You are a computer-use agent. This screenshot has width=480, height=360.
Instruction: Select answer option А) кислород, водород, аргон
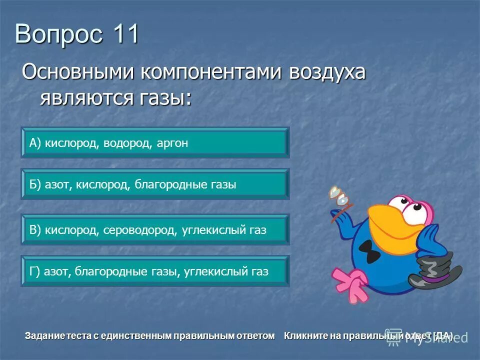(x=154, y=143)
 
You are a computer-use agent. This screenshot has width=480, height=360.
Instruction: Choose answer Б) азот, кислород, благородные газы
(x=154, y=184)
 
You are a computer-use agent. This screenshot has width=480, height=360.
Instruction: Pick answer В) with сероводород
(x=154, y=230)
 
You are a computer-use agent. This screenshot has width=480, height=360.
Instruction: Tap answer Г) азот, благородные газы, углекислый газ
(x=154, y=271)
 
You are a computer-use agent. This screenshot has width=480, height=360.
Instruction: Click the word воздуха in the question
(x=327, y=73)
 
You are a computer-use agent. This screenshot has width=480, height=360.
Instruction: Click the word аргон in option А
(x=172, y=143)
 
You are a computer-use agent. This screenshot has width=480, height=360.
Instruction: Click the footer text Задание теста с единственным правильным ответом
(x=150, y=335)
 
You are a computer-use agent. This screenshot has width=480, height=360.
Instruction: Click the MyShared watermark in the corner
(x=440, y=337)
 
